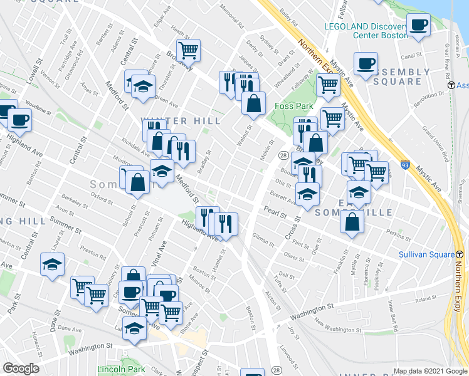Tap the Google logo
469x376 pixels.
21,368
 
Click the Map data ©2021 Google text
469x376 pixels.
430,371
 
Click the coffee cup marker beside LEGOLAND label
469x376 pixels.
418,25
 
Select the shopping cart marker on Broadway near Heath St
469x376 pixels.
188,50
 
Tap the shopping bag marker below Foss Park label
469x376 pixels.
254,103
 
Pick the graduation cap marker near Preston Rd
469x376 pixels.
52,264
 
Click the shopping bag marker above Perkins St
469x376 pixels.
354,222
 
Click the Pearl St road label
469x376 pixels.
274,212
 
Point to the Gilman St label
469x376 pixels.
263,240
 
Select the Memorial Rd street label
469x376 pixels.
232,18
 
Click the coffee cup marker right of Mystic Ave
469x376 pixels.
366,63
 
